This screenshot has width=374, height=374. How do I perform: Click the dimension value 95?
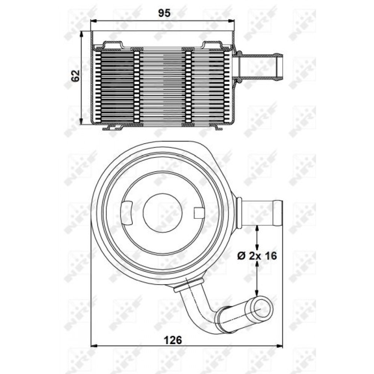(x=164, y=13)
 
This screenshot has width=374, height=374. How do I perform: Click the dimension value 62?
(x=76, y=76)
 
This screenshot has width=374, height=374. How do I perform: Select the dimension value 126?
(x=173, y=340)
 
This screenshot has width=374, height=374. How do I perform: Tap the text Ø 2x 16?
(x=257, y=256)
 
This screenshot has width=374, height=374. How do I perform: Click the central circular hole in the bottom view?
(x=163, y=213)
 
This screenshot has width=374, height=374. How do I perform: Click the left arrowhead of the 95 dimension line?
(x=93, y=21)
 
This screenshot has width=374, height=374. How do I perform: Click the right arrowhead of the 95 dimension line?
(x=232, y=21)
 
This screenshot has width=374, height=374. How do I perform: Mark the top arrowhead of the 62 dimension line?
(x=82, y=34)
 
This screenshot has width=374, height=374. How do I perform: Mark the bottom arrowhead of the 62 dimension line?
(x=82, y=121)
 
